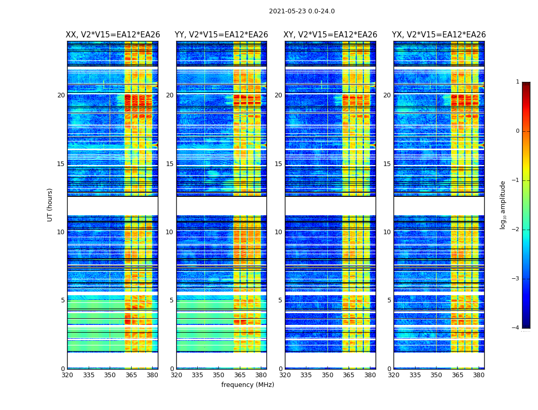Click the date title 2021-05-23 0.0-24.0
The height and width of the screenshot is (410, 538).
(x=302, y=11)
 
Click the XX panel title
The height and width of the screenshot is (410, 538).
(x=113, y=35)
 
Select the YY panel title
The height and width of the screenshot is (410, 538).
(x=221, y=35)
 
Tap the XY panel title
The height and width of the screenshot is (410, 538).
(x=330, y=35)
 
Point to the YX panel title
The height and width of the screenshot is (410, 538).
(x=439, y=35)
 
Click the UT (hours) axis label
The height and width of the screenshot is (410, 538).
(x=50, y=204)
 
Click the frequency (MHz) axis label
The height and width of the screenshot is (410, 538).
(x=247, y=385)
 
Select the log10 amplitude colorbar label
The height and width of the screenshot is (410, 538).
(x=503, y=204)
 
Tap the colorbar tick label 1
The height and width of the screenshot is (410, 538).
(x=518, y=82)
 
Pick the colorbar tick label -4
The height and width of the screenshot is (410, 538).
(x=516, y=328)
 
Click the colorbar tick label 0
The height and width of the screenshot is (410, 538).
(x=518, y=131)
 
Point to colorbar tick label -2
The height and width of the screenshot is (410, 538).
(x=516, y=230)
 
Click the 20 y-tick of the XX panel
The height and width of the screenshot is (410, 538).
(x=61, y=95)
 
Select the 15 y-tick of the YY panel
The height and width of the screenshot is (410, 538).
(x=170, y=164)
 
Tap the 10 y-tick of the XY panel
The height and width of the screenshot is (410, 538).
(x=278, y=232)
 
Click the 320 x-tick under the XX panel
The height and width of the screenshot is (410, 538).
(x=67, y=375)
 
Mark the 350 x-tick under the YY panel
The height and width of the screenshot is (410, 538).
(x=219, y=375)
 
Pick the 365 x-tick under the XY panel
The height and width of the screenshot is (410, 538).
(x=349, y=375)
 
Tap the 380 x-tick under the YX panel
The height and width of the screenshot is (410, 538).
(x=479, y=375)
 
